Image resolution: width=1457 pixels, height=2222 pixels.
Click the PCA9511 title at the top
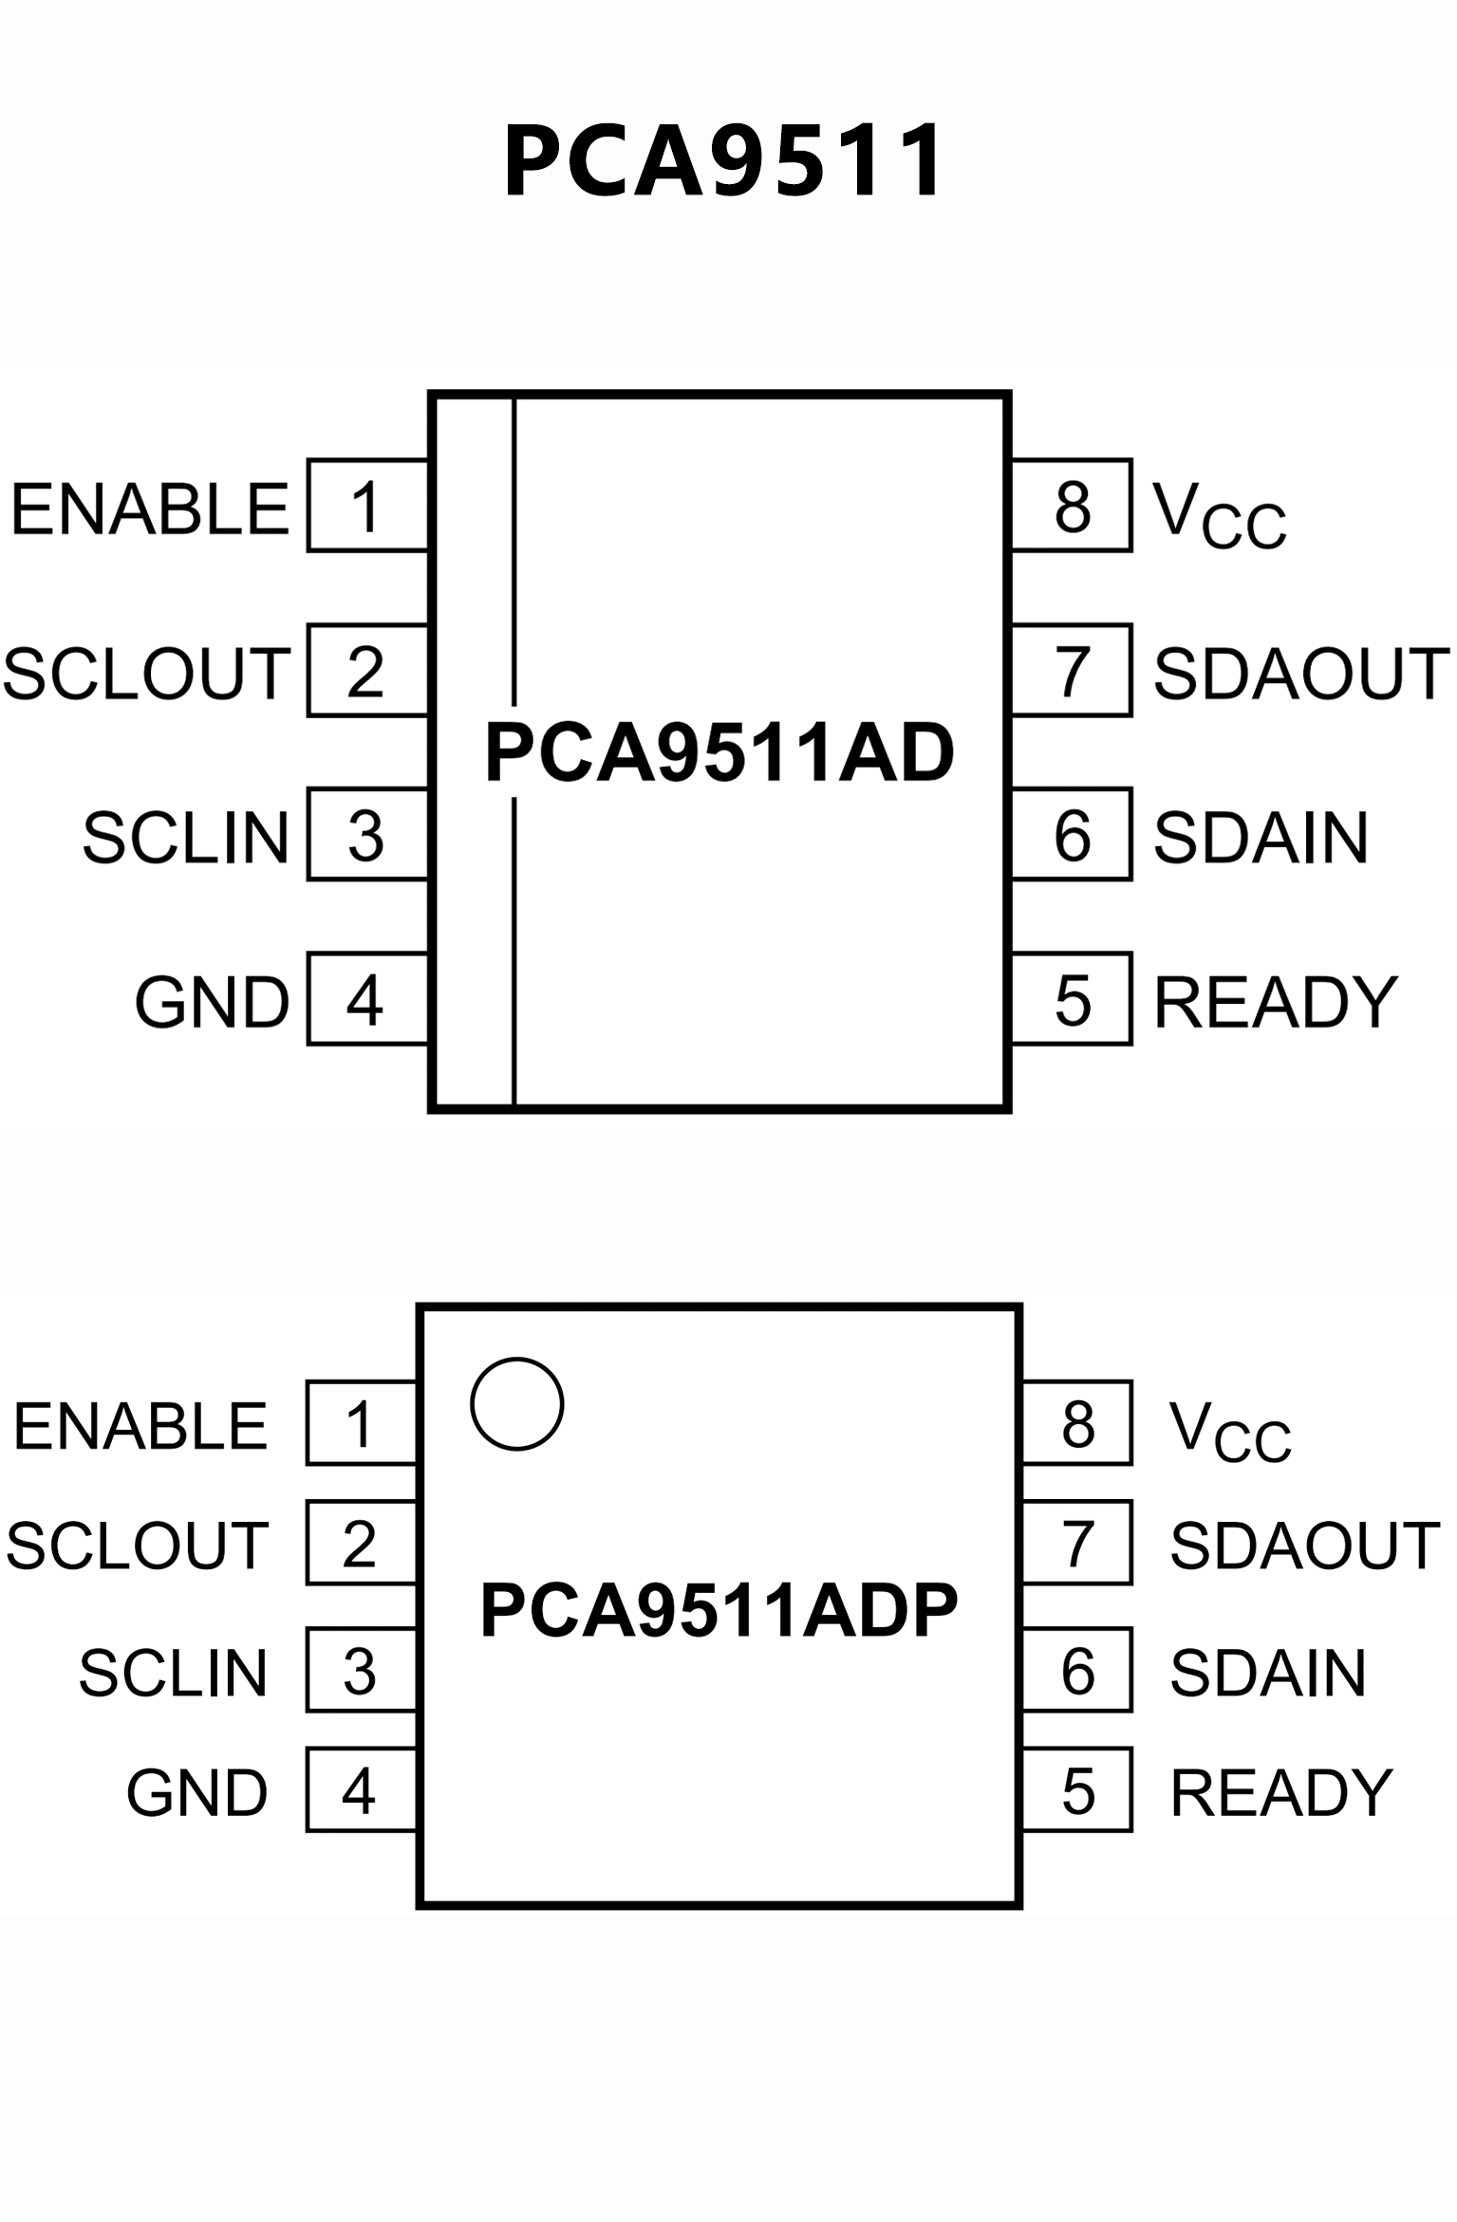723,161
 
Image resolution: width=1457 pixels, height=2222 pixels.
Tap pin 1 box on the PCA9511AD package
367,506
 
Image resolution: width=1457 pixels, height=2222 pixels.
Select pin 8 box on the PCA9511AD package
1072,506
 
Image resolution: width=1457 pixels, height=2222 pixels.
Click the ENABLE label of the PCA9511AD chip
150,509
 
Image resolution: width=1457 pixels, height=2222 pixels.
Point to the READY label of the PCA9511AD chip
1275,1002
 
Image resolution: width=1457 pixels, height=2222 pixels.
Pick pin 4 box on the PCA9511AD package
367,999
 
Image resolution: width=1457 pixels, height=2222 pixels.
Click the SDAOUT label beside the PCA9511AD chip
1300,674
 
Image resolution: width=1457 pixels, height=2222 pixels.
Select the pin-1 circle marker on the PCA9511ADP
517,1403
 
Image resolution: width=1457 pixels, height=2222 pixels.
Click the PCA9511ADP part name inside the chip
719,1610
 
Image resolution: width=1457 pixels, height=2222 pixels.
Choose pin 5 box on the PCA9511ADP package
1077,1791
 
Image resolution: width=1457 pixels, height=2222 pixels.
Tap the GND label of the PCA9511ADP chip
197,1793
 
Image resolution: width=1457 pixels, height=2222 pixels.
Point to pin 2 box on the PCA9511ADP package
361,1544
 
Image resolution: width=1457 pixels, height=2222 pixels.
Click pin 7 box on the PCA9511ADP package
1077,1544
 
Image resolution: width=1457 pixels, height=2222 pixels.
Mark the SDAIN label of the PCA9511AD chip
1261,838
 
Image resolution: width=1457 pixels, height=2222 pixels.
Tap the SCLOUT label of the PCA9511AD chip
146,674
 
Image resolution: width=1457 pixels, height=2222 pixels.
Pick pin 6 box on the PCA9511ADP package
1077,1671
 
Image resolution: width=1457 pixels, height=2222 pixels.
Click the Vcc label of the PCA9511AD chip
1219,515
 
